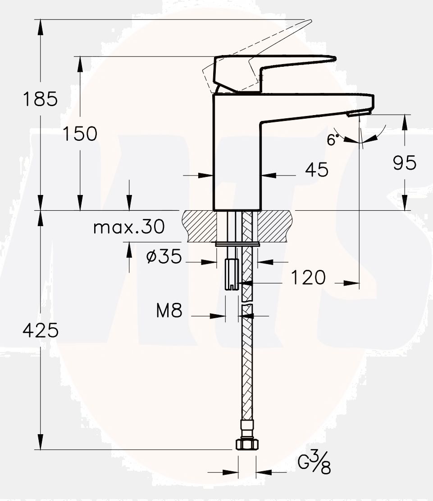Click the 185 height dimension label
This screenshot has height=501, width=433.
[41, 99]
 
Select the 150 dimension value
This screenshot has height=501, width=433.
[80, 134]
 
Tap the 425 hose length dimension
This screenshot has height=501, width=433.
[41, 331]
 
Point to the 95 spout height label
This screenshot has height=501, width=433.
[405, 162]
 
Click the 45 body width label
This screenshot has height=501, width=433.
[316, 170]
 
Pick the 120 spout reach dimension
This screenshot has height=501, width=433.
[307, 278]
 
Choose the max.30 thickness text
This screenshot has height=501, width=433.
[129, 227]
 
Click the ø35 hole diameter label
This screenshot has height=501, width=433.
[164, 257]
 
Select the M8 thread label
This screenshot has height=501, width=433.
[169, 311]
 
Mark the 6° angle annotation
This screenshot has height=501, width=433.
[332, 140]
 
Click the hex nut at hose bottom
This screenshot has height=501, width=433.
[247, 444]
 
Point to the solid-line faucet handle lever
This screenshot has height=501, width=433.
[275, 68]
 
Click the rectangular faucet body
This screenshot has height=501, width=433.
[237, 153]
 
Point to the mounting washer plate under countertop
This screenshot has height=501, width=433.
[237, 245]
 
